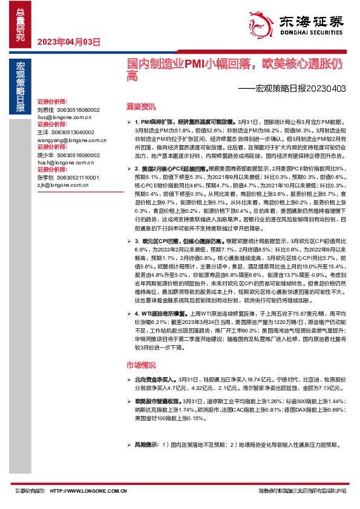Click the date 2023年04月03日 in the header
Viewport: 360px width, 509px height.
tap(68, 42)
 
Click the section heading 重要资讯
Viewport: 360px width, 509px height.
tap(140, 106)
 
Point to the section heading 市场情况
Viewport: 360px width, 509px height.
tap(140, 365)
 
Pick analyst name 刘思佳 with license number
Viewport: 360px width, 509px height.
tap(68, 110)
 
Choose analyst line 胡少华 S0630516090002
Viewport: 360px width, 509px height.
tap(68, 155)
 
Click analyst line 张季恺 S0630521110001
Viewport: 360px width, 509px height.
tap(68, 178)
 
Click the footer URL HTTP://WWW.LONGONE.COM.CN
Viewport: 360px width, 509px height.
tap(88, 491)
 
